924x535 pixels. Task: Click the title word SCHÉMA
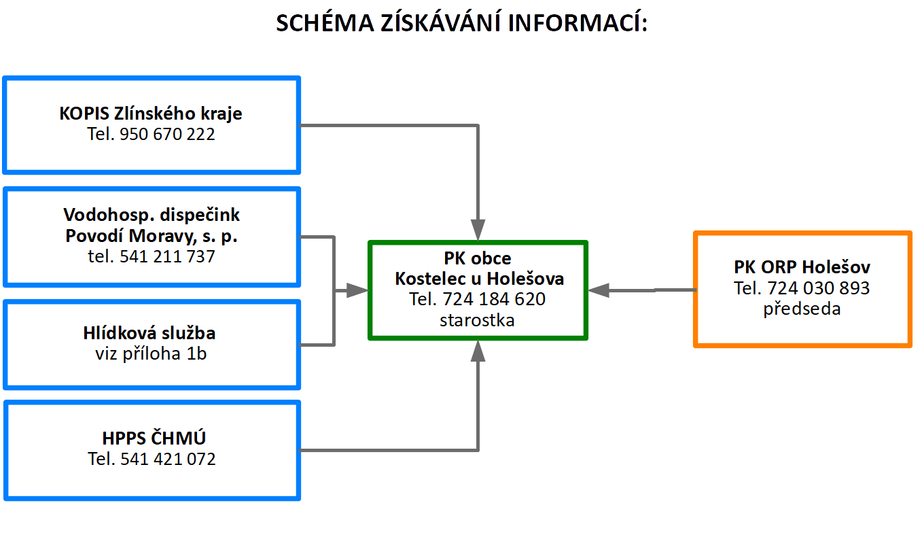pos(325,22)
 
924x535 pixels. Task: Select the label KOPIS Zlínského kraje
pos(151,114)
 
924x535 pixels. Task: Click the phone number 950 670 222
pos(167,134)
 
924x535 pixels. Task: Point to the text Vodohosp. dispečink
pos(152,215)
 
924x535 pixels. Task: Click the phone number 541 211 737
pos(167,256)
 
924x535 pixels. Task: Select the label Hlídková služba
pos(149,332)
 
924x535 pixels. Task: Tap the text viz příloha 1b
pos(151,353)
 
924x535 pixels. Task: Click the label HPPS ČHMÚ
pos(154,438)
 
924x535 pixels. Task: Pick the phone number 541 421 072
pos(168,459)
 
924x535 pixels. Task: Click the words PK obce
pos(478,258)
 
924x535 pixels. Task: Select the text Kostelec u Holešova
pos(480,279)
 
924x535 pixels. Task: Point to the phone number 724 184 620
pos(494,299)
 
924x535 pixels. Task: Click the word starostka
pos(477,320)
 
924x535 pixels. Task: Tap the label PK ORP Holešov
pos(802,267)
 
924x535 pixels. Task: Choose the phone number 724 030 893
pos(819,288)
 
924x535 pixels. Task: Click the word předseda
pos(802,309)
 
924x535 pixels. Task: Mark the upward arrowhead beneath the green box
pos(478,351)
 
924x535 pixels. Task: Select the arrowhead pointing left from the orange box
pos(599,290)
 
